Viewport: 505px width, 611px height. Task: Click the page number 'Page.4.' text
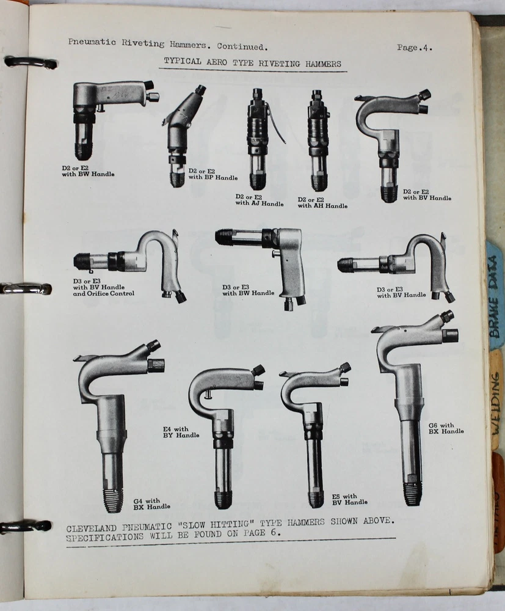(415, 48)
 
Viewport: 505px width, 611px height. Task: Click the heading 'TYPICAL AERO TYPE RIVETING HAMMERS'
(252, 62)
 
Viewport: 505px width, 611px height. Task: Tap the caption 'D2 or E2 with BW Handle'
(88, 171)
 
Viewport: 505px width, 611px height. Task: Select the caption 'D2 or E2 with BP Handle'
(213, 174)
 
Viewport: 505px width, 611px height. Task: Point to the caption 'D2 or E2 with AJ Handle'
(260, 200)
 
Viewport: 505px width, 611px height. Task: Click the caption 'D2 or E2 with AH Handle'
(322, 203)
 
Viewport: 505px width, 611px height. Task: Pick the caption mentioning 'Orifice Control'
(104, 287)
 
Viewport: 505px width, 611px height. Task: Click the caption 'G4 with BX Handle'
(151, 504)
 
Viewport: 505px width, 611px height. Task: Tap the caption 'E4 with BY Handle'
(181, 432)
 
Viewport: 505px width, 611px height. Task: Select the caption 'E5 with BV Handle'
(350, 499)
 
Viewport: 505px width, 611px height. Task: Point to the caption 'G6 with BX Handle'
(446, 428)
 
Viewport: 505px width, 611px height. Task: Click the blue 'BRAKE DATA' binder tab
(494, 296)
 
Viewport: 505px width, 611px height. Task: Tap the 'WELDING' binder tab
(495, 401)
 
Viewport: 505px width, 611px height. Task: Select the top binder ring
(30, 62)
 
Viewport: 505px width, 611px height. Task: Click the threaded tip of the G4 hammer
(113, 500)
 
